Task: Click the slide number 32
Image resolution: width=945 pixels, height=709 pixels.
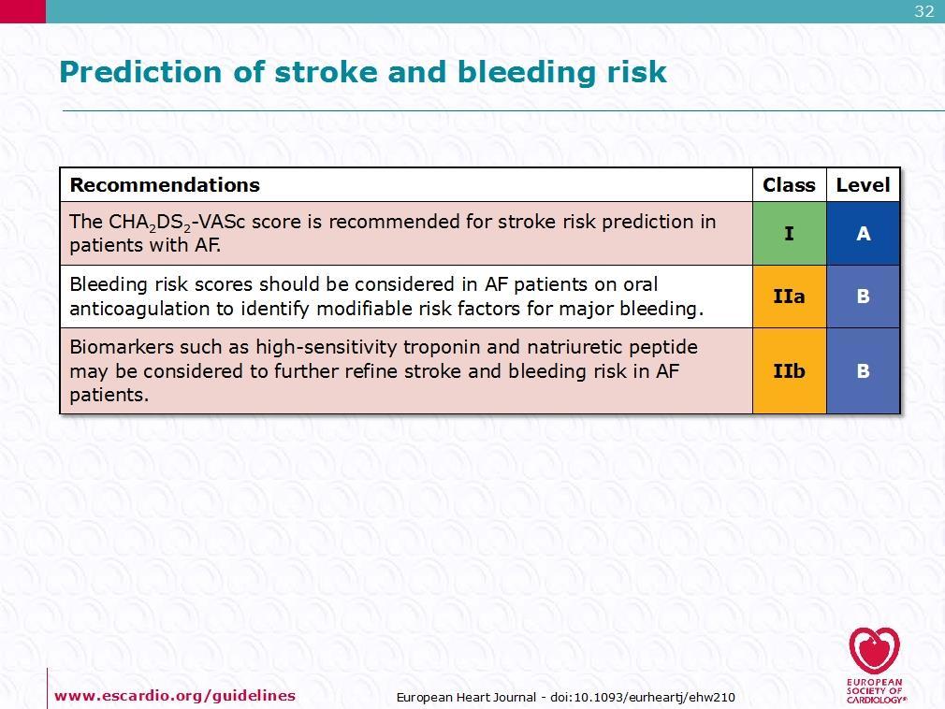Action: point(923,11)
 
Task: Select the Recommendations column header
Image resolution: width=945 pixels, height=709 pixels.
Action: point(165,185)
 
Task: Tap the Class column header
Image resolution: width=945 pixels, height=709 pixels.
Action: point(789,185)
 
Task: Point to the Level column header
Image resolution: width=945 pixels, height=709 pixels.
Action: point(863,185)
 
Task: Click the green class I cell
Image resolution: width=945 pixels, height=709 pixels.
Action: point(790,234)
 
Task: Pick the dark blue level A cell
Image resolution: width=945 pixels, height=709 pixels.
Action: point(863,234)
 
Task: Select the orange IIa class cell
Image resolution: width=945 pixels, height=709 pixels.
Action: point(790,297)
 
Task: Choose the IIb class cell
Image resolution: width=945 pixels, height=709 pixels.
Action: point(790,371)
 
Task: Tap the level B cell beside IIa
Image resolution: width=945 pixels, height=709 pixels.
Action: point(863,297)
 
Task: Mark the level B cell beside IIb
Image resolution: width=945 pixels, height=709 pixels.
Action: point(863,371)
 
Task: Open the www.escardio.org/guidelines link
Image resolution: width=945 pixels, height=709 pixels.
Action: point(175,696)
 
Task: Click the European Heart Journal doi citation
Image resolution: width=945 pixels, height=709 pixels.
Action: point(565,698)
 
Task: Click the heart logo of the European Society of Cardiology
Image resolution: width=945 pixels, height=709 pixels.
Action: point(875,651)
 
